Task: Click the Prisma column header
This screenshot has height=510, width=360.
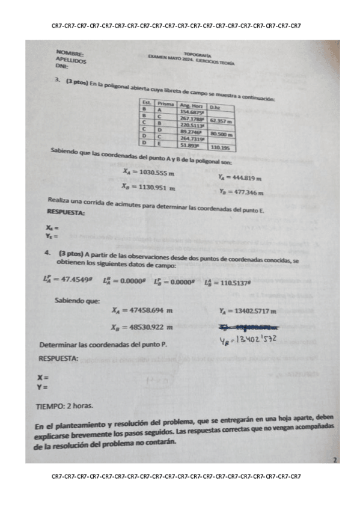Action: tap(165, 104)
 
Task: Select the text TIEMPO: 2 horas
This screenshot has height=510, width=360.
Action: tap(64, 407)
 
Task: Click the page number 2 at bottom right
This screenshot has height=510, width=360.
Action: tap(334, 461)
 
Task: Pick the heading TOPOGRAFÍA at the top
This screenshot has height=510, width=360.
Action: tap(197, 54)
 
